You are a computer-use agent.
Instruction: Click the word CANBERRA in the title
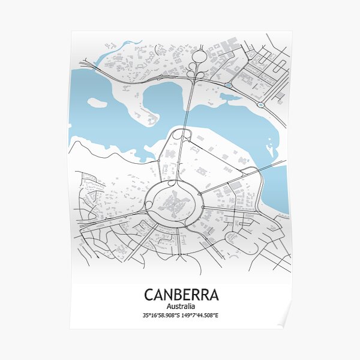[x=181, y=295]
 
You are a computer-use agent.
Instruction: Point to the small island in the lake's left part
[x=97, y=103]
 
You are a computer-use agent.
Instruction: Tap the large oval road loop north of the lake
[x=199, y=57]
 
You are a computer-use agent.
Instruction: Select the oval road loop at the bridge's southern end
[x=178, y=135]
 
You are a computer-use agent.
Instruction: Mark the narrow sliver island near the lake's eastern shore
[x=271, y=145]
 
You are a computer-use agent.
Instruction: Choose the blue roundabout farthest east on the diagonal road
[x=260, y=105]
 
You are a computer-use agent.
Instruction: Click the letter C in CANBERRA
[x=149, y=295]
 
